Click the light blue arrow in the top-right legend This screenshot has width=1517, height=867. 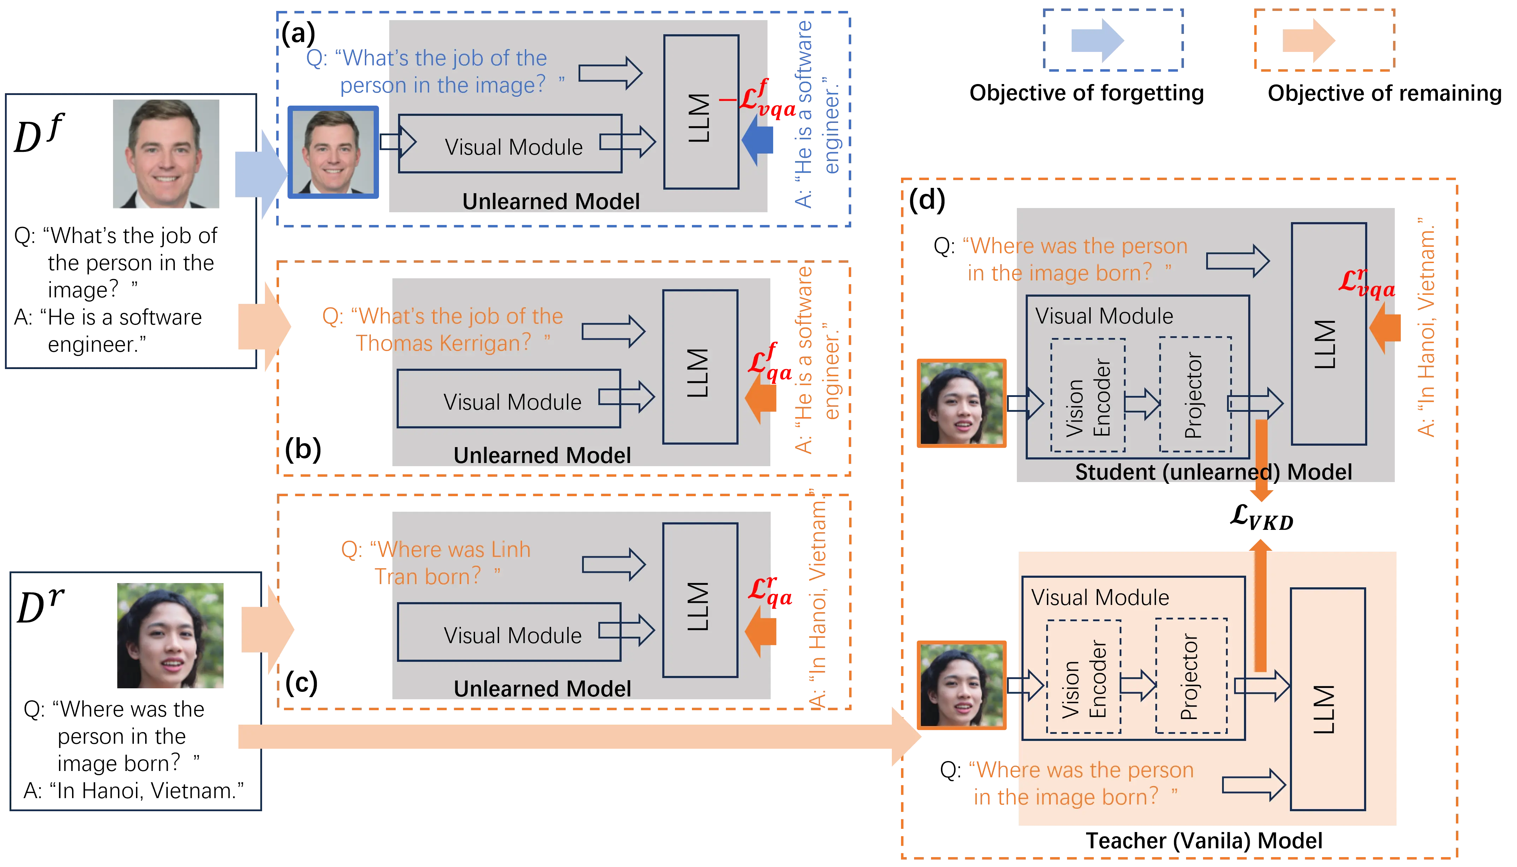[1097, 41]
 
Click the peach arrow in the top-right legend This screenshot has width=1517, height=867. [1309, 41]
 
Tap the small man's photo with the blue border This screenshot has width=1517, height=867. [332, 153]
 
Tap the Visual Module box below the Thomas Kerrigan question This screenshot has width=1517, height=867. [509, 399]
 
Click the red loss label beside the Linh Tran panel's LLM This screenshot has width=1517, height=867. [770, 591]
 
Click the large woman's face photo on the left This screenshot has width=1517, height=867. [171, 635]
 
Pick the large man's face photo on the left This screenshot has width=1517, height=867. [167, 154]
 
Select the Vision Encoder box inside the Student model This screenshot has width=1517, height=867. [1088, 396]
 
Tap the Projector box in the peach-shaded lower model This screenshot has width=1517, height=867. [1191, 676]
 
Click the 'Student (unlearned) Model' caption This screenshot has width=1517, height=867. [1213, 472]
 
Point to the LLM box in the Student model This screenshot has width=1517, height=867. [1328, 333]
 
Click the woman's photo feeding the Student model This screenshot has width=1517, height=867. [961, 403]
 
